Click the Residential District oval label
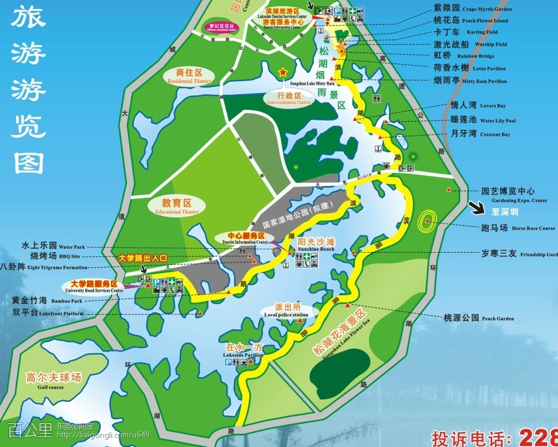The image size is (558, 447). (189, 76)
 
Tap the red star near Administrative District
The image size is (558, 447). (282, 73)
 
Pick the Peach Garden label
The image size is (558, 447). (479, 318)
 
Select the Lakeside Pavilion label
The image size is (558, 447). (244, 351)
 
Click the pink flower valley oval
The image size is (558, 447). (221, 27)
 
